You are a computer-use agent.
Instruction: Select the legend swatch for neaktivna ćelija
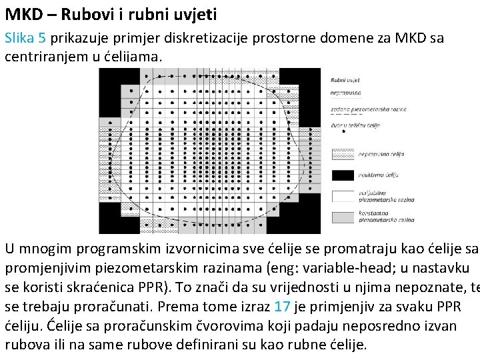(342, 175)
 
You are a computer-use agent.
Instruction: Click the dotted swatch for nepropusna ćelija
(342, 153)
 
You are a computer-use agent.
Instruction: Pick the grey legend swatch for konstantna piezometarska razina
(342, 217)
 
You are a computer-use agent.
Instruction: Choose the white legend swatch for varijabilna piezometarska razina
(342, 196)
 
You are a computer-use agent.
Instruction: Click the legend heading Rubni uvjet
(345, 81)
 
